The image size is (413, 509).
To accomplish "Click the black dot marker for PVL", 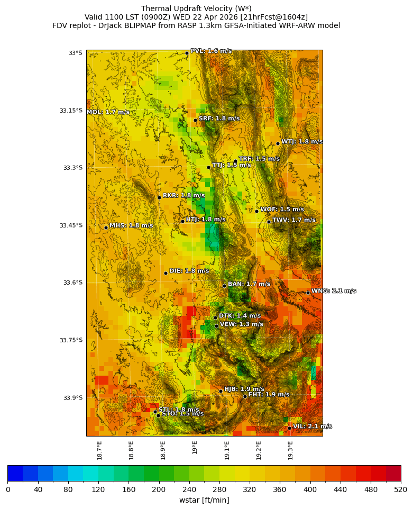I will pos(187,53).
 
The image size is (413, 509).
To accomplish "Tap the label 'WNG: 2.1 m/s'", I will pos(333,291).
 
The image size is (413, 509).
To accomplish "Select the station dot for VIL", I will pos(290,428).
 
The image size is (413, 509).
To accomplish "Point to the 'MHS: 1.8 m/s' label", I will pos(131,225).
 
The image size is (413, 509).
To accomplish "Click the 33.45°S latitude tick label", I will pos(71,225).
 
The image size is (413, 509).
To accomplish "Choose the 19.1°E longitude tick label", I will pos(227,450).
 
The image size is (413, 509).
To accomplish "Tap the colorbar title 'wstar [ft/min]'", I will pos(204,500).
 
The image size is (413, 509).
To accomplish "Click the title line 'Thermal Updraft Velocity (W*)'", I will pos(196,8).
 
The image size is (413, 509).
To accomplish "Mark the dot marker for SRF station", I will pos(195,120).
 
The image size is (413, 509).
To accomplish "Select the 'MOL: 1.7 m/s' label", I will pos(108,112).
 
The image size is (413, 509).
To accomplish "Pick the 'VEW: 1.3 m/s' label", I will pos(241,324).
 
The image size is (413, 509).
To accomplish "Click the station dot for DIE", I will pos(166,273).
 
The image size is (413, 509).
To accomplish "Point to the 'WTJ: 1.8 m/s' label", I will pos(301,141).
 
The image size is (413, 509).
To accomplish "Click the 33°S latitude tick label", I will pos(76,53).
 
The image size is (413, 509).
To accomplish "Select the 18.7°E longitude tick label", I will pos(100,450).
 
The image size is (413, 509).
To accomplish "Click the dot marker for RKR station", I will pos(159,197).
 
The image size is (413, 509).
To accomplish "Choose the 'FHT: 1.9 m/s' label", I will pos(269,394).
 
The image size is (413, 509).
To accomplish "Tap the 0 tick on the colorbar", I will pos(8,489).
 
